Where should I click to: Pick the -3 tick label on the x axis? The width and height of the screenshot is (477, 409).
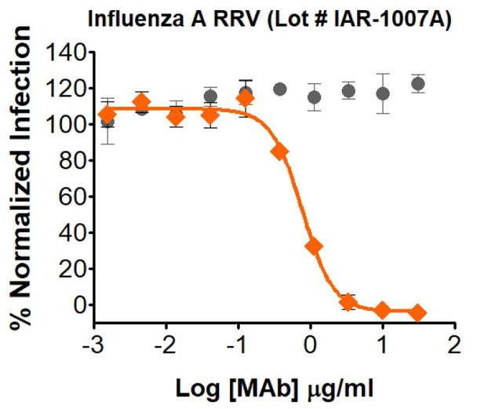90,347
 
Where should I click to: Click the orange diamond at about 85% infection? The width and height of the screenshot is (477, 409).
279,152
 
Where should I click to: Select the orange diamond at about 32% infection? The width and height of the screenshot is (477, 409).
313,246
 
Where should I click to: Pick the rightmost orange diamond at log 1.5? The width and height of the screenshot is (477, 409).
417,312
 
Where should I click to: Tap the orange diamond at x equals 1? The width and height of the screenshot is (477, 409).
382,311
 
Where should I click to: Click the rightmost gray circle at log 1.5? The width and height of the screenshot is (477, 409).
417,84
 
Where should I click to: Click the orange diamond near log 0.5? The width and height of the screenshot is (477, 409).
348,302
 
